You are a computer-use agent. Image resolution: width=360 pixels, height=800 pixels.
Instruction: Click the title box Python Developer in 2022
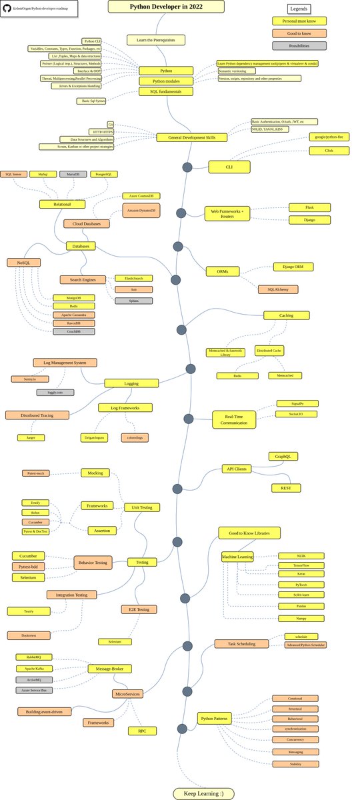tap(166, 7)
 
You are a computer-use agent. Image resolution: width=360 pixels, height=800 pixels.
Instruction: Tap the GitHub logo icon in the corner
tap(7, 8)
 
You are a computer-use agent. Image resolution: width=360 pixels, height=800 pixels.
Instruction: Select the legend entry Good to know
tap(299, 33)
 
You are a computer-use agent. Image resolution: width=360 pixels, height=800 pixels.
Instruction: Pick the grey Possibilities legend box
tap(299, 46)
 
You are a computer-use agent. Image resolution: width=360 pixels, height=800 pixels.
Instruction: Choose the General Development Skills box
tap(191, 137)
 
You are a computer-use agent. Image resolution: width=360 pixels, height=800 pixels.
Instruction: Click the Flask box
tap(310, 207)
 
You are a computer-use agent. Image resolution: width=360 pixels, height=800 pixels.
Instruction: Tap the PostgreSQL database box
tap(103, 174)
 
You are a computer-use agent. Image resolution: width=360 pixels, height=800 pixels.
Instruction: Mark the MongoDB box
tap(73, 297)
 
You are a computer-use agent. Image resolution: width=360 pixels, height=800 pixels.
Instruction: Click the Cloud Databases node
tap(87, 224)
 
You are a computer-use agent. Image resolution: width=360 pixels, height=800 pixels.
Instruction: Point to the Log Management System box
tap(65, 363)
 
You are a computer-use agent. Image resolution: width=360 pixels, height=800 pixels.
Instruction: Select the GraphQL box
tap(283, 457)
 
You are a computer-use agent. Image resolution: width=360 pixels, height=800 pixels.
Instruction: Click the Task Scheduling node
tap(242, 643)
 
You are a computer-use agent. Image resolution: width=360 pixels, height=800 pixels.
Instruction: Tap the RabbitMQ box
tap(34, 657)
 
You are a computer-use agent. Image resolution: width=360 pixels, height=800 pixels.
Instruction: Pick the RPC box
tap(142, 731)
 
